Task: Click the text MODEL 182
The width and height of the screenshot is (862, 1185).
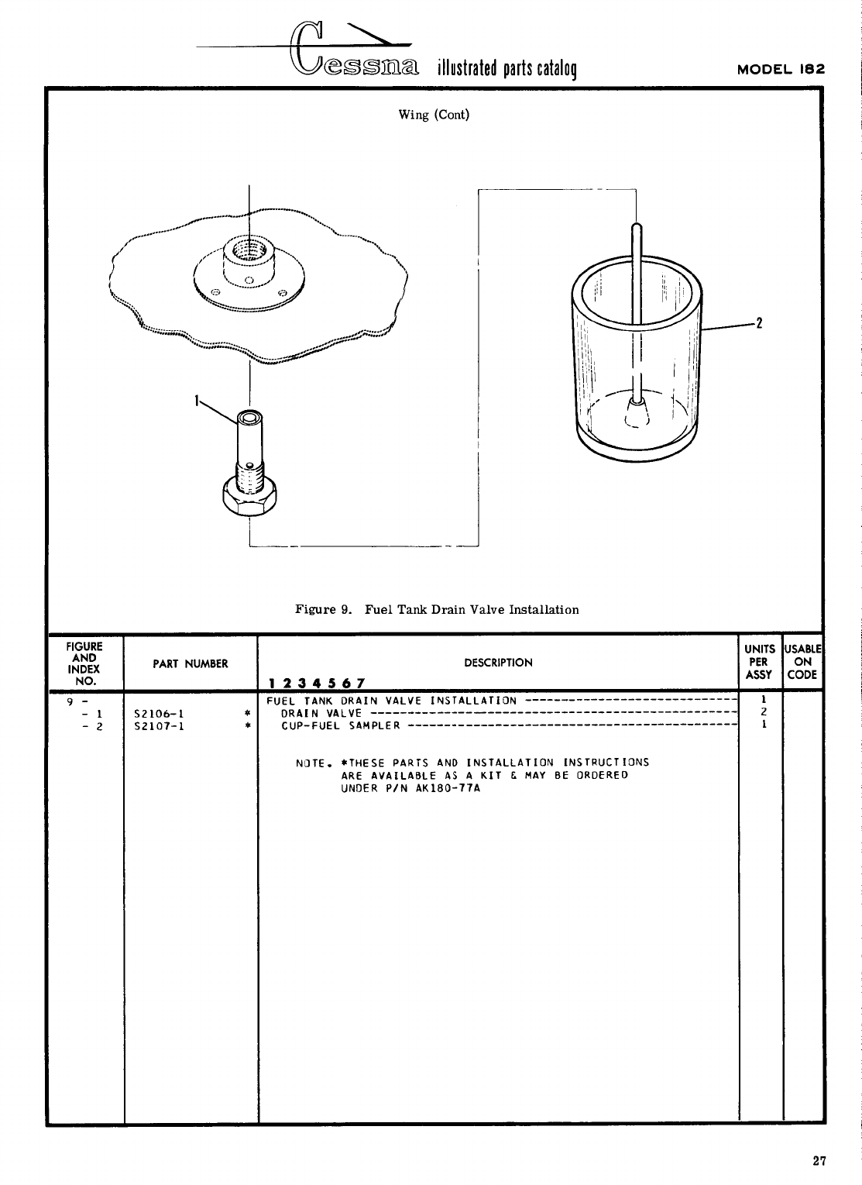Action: (781, 68)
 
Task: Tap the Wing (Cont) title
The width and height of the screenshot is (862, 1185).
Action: (434, 115)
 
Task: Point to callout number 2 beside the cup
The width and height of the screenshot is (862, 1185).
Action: (760, 323)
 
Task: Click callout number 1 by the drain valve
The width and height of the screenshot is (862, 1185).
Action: (197, 400)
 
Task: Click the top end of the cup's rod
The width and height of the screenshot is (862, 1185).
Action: (636, 227)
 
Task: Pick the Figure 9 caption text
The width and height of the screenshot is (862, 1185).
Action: (437, 609)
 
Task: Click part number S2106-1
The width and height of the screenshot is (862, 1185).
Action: (158, 713)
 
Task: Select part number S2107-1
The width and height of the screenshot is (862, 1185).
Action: (158, 726)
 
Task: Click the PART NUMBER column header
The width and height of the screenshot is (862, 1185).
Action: (191, 663)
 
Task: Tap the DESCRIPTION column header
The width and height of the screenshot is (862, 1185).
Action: (498, 663)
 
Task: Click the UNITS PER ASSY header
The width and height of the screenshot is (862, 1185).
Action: (760, 662)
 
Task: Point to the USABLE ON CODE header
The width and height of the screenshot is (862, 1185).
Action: (802, 662)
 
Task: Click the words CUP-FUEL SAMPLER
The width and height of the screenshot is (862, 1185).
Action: (341, 726)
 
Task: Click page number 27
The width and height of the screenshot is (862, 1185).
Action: (819, 1160)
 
